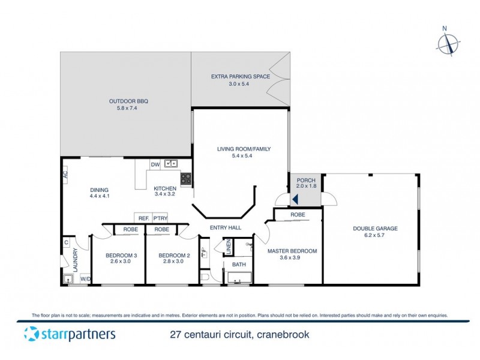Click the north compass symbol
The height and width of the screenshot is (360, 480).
click(x=448, y=43)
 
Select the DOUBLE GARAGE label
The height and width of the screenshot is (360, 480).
click(x=375, y=228)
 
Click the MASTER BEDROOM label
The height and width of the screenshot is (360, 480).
click(x=292, y=251)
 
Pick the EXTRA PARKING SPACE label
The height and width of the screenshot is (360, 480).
click(x=240, y=76)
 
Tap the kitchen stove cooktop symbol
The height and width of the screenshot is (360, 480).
click(x=186, y=178)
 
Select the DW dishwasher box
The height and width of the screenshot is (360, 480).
click(x=155, y=164)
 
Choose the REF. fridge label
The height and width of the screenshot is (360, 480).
click(x=143, y=218)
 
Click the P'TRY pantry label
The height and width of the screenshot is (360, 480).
click(x=160, y=218)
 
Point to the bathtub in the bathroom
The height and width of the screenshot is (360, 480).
click(x=239, y=278)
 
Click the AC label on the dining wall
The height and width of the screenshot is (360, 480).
click(x=65, y=174)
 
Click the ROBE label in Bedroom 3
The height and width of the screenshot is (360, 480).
click(x=130, y=229)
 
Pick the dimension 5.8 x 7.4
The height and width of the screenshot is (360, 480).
click(x=128, y=109)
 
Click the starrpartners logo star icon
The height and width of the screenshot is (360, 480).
click(x=31, y=334)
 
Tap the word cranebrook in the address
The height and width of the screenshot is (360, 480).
click(x=282, y=335)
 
